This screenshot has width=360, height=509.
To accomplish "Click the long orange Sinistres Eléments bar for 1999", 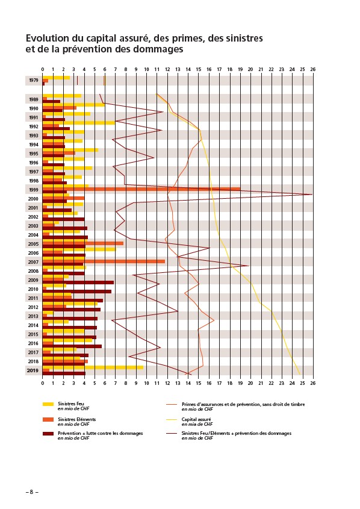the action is click(x=141, y=189).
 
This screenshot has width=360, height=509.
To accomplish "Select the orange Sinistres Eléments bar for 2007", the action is click(x=104, y=261).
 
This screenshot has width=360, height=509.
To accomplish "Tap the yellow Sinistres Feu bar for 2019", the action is click(x=93, y=367).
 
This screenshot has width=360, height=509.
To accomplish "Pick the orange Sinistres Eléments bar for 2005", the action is click(x=83, y=243).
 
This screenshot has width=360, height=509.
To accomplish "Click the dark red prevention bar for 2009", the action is click(x=78, y=283).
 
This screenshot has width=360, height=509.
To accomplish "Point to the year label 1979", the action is click(x=33, y=80).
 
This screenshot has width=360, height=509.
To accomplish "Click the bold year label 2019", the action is click(x=33, y=370).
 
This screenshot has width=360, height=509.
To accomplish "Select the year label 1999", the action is click(x=33, y=190).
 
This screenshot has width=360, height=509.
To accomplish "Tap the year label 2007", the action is click(x=33, y=262).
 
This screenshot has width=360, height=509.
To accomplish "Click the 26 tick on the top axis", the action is click(x=312, y=69).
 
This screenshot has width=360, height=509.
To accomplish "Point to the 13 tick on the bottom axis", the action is click(x=178, y=383).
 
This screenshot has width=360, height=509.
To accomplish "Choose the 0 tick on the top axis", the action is click(x=43, y=69).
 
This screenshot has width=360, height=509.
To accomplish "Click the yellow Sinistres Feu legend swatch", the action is click(x=48, y=404).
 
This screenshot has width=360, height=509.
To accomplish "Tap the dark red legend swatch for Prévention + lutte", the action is click(x=48, y=434).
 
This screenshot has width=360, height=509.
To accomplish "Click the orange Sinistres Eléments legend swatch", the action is click(x=48, y=420).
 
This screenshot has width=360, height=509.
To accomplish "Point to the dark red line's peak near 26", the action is click(x=312, y=195).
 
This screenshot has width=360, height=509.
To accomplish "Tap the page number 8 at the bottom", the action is click(x=32, y=492).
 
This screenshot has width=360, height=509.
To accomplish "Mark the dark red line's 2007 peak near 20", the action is click(x=249, y=266).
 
